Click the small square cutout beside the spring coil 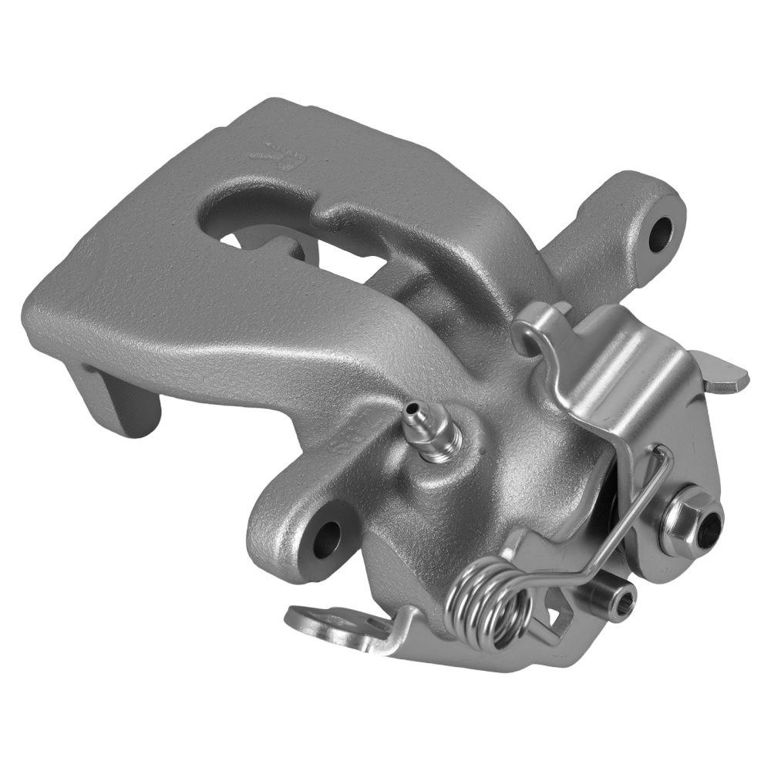point(554,614)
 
